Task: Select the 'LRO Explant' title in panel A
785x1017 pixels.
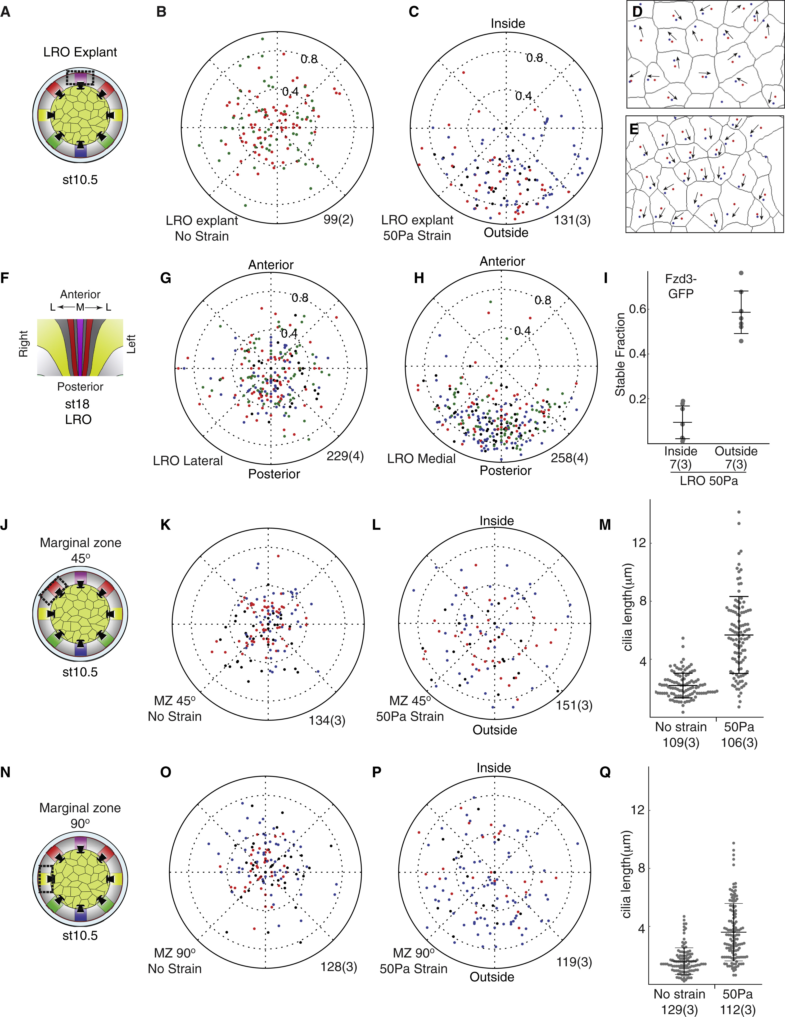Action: [x=80, y=52]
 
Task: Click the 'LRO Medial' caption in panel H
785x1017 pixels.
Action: [x=421, y=459]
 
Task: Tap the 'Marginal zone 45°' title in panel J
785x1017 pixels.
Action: [x=81, y=550]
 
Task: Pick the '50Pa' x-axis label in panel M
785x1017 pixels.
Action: [x=739, y=727]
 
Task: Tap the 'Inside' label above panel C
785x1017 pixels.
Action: [x=508, y=23]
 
